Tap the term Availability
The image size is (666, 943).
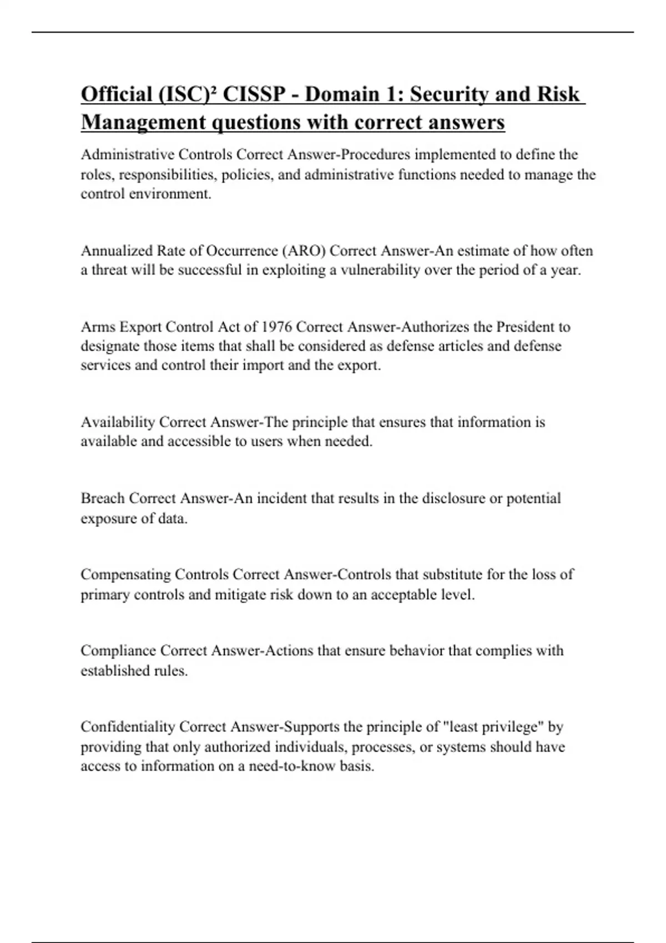[118, 422]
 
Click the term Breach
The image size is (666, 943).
[103, 498]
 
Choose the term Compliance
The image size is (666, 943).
[118, 650]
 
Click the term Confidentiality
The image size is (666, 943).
[128, 726]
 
